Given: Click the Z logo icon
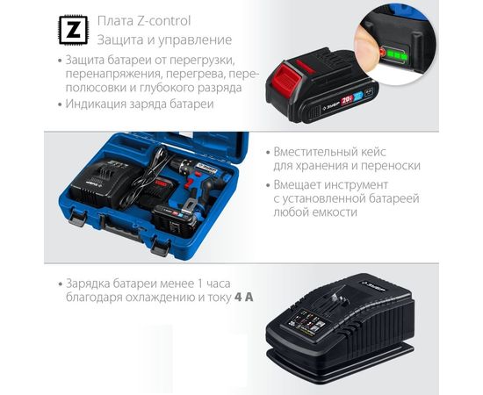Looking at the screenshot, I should [x=70, y=30].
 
